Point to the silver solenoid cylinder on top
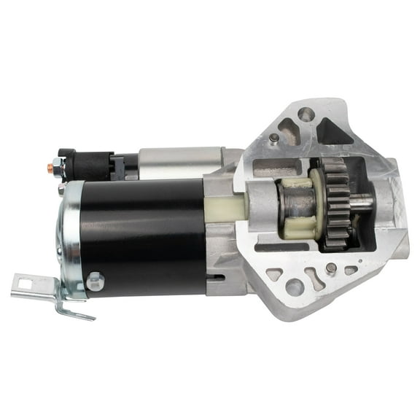(x=179, y=163)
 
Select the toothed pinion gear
(x=337, y=204)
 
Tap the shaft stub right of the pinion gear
(x=362, y=203)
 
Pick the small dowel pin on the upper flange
(x=273, y=138)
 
